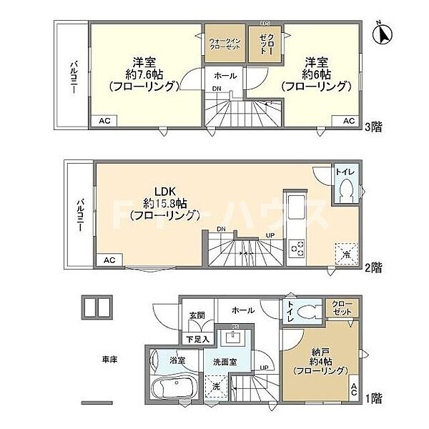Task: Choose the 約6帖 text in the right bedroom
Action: (317, 73)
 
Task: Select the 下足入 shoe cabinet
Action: (197, 339)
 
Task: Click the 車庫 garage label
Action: (109, 360)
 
